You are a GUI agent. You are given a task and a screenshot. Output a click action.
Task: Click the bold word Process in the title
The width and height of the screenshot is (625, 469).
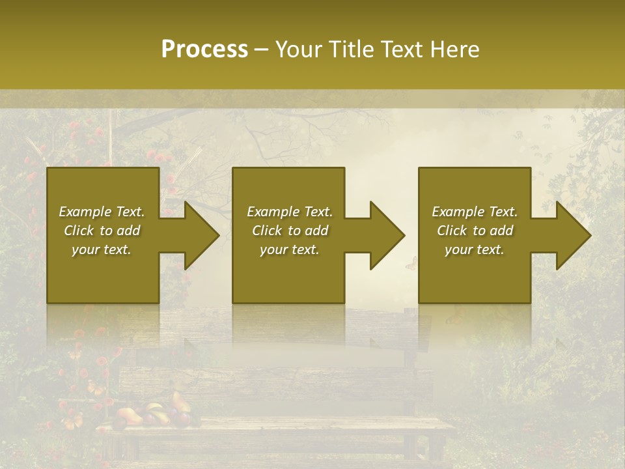coord(204,50)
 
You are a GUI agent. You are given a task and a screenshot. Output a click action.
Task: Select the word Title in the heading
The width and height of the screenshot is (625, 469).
coord(349,50)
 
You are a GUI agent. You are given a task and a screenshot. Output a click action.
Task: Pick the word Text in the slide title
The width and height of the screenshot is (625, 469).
coord(402,50)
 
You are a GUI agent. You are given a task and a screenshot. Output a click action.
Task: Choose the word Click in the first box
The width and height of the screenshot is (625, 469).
coord(78,231)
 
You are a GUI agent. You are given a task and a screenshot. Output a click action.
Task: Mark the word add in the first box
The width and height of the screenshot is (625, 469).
coord(128,231)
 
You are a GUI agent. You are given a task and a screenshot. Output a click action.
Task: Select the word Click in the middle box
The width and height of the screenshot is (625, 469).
coord(266,231)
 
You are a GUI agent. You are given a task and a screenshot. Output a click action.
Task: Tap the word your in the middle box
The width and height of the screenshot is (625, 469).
coord(273,249)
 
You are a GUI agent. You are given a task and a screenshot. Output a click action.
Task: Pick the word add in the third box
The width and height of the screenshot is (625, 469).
coord(501,231)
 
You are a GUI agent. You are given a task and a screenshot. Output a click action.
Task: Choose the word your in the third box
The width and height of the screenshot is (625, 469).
coord(458,249)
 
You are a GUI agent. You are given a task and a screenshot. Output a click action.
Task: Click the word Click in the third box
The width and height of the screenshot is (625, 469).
coord(451,231)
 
